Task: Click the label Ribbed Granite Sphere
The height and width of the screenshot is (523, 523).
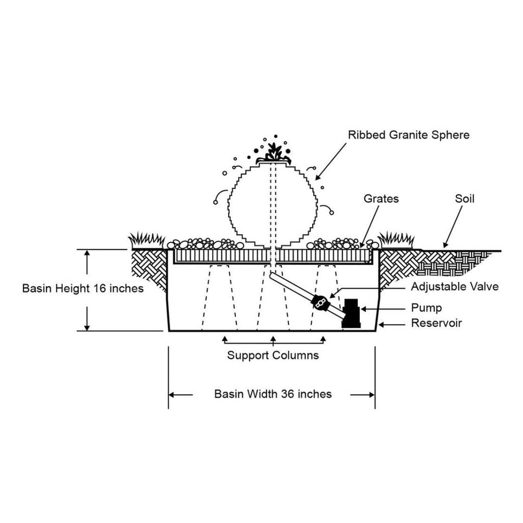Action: point(409,134)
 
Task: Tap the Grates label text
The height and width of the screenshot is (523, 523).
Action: point(381,199)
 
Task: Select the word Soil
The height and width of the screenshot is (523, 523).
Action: point(464,199)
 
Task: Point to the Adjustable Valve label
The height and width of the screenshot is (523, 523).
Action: point(455,287)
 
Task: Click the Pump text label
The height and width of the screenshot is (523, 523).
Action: point(427,308)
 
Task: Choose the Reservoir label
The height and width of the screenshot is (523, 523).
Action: point(436,324)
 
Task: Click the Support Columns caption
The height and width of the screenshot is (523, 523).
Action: point(273,356)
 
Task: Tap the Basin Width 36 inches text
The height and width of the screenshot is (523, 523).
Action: point(273,394)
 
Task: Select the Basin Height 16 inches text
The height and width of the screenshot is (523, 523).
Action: point(83,288)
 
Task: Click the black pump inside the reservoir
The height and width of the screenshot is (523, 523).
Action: point(351,313)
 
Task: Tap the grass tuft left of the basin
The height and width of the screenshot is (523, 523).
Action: point(146,240)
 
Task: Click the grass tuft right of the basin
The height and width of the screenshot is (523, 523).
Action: point(396,239)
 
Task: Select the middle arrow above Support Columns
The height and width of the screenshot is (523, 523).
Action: point(274,339)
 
